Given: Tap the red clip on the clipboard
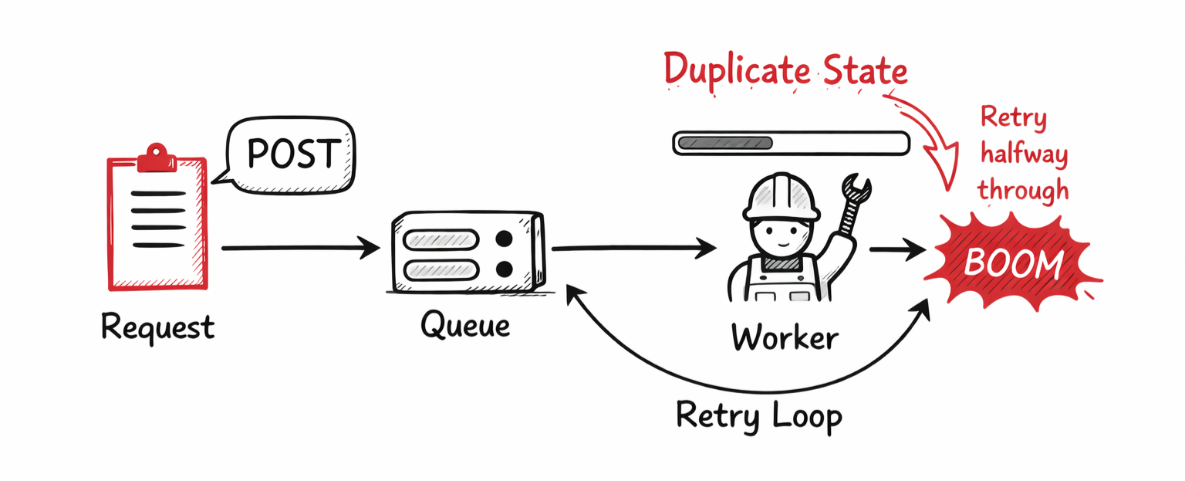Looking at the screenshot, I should (157, 158).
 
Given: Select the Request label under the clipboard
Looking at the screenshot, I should (157, 328).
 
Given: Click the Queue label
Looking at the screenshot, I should (464, 324).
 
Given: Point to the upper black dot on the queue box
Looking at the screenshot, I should (505, 239).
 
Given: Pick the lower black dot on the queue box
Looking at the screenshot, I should (505, 269).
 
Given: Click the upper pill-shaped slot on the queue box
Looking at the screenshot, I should (441, 239).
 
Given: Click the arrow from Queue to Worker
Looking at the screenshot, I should (633, 249).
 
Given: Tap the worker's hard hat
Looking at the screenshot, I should (781, 195).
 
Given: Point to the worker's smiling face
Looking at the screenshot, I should (781, 235).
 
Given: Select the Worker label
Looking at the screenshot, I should (784, 337).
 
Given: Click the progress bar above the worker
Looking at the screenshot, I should (791, 143).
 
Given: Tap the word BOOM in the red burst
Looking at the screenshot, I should (1014, 264).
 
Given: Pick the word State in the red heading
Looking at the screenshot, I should (864, 71).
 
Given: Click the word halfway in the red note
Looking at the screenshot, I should (1023, 155).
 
